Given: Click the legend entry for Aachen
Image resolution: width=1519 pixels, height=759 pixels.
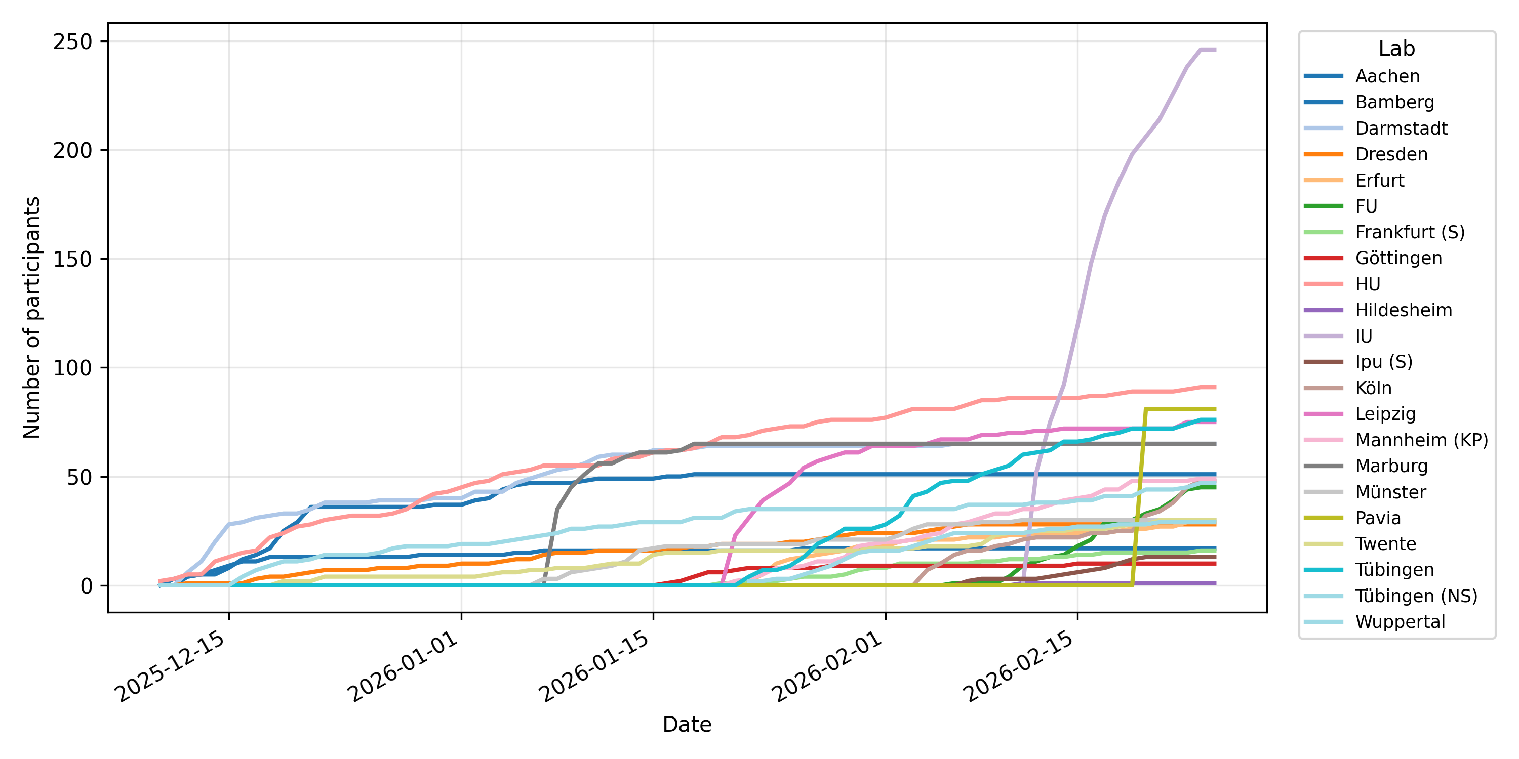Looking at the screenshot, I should (1387, 76).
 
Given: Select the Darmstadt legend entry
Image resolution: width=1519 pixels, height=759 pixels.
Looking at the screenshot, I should (1401, 128).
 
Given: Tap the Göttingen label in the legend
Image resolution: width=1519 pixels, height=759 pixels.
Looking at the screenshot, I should (1398, 258).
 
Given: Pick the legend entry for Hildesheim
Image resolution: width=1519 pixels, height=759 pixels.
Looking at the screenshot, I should (1403, 310).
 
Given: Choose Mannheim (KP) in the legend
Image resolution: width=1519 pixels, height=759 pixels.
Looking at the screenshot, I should (1421, 440).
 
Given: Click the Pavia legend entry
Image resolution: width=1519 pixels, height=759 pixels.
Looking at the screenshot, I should (1377, 518).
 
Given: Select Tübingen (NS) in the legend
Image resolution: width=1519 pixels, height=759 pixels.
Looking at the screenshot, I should (1416, 596).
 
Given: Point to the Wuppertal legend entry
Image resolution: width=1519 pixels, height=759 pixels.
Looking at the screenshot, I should (1400, 622).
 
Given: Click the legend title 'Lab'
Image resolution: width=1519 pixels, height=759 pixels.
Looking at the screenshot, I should (1396, 48).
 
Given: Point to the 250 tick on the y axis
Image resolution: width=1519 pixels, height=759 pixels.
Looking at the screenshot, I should (72, 42).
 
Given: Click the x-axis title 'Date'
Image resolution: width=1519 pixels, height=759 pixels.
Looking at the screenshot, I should (687, 724).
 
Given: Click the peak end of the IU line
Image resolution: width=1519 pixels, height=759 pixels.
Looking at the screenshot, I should (1214, 50).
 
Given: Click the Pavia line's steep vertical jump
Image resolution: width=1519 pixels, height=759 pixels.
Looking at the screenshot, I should (1139, 495).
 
